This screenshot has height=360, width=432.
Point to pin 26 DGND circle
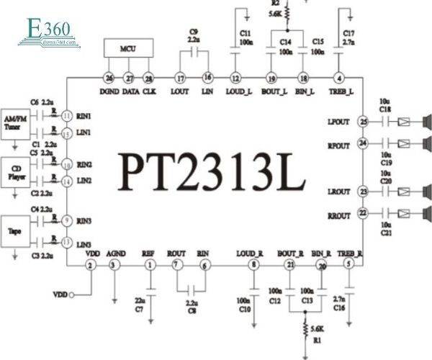point(109,78)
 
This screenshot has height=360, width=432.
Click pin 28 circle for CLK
point(149,78)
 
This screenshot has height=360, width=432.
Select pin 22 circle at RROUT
point(363,212)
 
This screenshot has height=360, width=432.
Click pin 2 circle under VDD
point(90,266)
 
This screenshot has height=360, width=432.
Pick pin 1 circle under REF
point(150,266)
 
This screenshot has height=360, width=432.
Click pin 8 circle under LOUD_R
point(253,266)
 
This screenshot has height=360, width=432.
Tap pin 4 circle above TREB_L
point(338,78)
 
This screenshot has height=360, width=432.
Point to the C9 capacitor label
point(193,31)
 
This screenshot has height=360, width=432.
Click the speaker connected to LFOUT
point(426,121)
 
